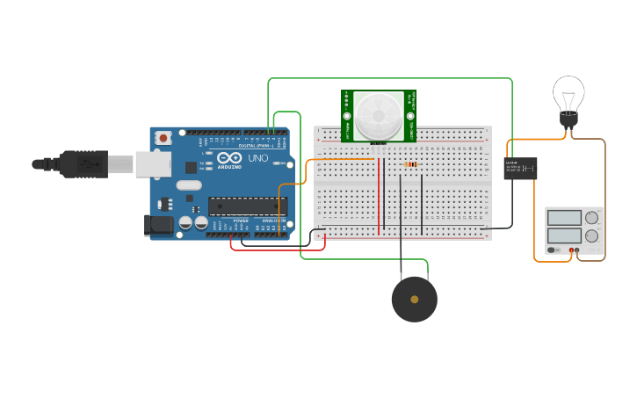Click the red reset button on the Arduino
click(x=163, y=138)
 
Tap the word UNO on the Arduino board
click(x=258, y=158)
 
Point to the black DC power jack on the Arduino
click(x=158, y=225)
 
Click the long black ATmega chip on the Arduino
click(x=247, y=206)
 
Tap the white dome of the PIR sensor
click(x=379, y=112)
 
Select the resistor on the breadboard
click(x=409, y=163)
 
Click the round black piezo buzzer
click(x=414, y=300)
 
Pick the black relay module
click(x=520, y=168)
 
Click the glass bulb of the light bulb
click(x=568, y=92)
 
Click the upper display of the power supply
click(x=564, y=217)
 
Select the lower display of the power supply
click(x=564, y=235)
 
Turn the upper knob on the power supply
click(x=592, y=217)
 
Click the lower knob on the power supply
click(x=592, y=235)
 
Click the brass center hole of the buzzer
click(x=414, y=300)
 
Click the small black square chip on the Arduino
click(x=192, y=167)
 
